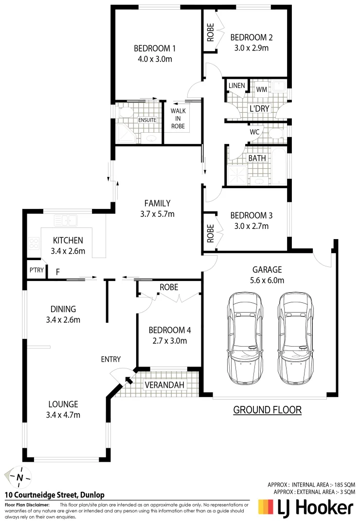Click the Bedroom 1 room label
pos(155,49)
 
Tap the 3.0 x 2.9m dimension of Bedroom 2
pos(251,48)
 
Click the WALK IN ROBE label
pos(178,118)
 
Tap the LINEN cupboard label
pos(236,86)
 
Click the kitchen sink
pos(65,220)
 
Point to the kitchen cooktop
pos(34,243)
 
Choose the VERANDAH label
pos(165,385)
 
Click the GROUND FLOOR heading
pos(267,410)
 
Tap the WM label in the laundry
pos(261,89)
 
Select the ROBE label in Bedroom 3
pos(210,233)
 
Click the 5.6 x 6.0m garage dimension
pos(267,280)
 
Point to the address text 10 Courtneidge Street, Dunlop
pos(54,495)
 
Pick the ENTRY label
pos(111,359)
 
